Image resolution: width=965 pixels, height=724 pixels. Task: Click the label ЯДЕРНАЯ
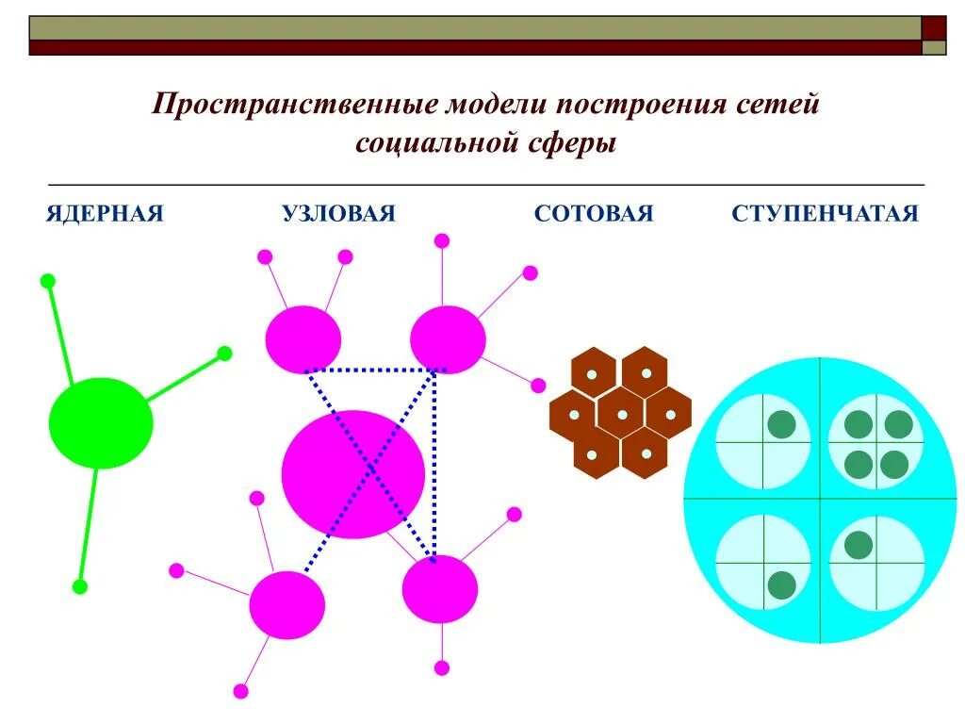click(x=105, y=214)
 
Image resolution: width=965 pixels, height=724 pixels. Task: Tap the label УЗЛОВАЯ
click(x=338, y=214)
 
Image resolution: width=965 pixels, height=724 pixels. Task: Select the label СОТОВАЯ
click(x=593, y=214)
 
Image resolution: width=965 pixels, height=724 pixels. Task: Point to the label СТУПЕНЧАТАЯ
click(x=824, y=214)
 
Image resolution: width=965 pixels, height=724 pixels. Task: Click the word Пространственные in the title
click(x=293, y=104)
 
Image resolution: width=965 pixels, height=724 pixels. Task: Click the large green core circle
click(x=101, y=423)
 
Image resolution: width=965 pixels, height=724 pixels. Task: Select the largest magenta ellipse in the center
click(x=353, y=473)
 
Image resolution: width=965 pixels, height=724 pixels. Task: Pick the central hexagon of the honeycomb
click(x=621, y=414)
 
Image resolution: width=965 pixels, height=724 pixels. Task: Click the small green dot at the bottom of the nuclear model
click(x=80, y=586)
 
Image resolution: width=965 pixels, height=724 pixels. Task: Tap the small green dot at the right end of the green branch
click(x=224, y=354)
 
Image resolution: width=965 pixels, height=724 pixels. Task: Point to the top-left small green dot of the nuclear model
click(x=48, y=281)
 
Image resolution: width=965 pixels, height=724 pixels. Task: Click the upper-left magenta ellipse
click(x=303, y=339)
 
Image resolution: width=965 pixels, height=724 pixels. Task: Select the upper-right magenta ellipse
click(x=448, y=339)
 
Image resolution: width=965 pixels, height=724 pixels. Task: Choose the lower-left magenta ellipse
click(x=286, y=604)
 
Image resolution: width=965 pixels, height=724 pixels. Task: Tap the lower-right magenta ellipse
click(x=440, y=589)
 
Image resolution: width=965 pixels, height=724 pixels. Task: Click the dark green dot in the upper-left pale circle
click(x=781, y=425)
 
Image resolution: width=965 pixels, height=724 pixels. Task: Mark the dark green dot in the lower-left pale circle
click(x=781, y=584)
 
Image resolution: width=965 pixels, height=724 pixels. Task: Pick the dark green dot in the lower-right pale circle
click(x=858, y=545)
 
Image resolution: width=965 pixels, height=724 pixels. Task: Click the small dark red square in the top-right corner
click(x=933, y=27)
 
